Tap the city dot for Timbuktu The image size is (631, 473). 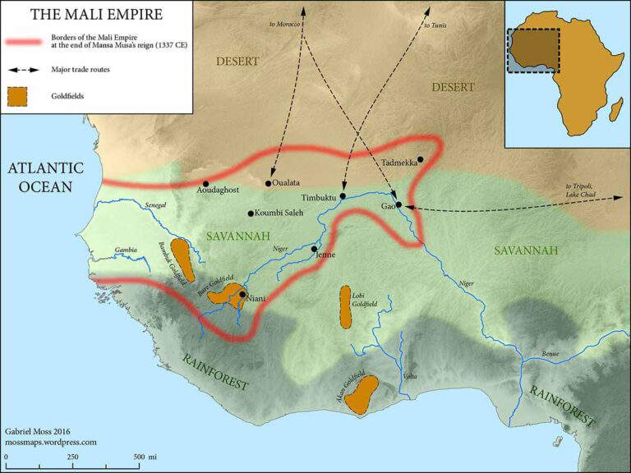pyautogui.click(x=343, y=196)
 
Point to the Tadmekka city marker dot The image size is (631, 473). pyautogui.click(x=420, y=159)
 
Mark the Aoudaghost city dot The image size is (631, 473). pyautogui.click(x=205, y=183)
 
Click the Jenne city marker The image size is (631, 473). pyautogui.click(x=314, y=248)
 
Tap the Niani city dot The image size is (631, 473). pyautogui.click(x=242, y=294)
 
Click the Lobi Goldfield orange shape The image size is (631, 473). pyautogui.click(x=346, y=307)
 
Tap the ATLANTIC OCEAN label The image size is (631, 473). pyautogui.click(x=46, y=177)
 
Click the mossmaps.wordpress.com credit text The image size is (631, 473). pyautogui.click(x=51, y=442)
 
